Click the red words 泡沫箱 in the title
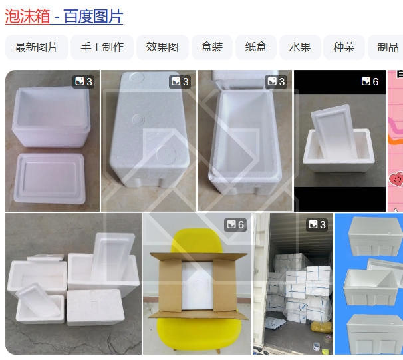(27, 17)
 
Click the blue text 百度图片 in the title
(93, 17)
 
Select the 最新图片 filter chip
(37, 47)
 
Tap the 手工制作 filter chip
(102, 47)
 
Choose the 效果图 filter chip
(162, 47)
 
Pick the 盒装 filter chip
(212, 47)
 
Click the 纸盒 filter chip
(256, 47)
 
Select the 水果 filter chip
(300, 47)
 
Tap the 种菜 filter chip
(344, 47)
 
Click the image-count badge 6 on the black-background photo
(370, 81)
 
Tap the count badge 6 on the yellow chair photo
(235, 224)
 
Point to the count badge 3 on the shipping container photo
(317, 224)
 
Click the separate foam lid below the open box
(50, 178)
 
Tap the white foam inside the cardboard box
(198, 285)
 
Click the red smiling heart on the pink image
(396, 179)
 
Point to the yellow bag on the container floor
(321, 327)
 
